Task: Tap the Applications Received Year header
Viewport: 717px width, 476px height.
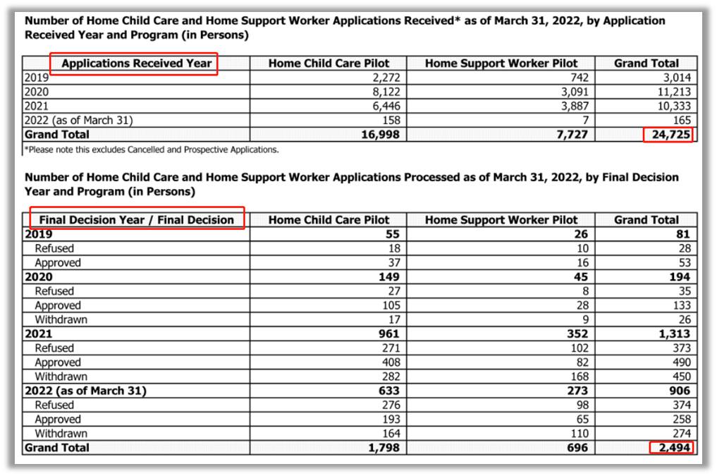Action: click(x=136, y=63)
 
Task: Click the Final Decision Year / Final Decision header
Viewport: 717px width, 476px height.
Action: click(x=137, y=220)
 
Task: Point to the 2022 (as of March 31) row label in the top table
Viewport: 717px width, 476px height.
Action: click(x=78, y=121)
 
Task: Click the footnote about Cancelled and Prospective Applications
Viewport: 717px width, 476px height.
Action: click(x=152, y=149)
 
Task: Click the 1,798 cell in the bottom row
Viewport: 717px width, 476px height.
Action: click(x=383, y=448)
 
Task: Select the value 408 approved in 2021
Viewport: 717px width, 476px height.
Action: click(x=389, y=362)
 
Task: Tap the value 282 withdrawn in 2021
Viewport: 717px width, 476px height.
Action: click(x=389, y=377)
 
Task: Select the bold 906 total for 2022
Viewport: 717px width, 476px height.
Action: click(x=678, y=391)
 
